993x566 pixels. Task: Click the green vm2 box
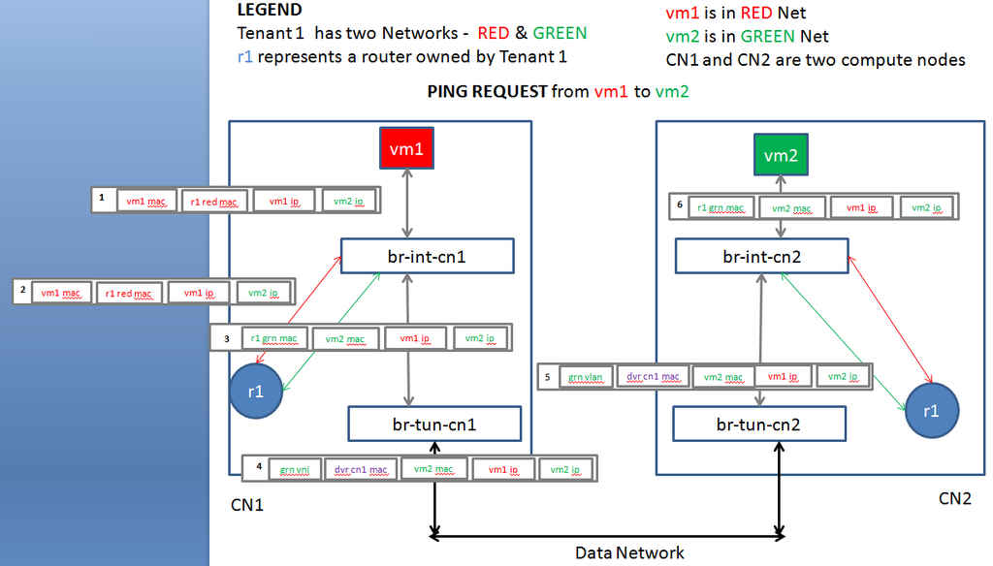(x=785, y=156)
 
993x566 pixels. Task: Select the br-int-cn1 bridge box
(x=427, y=257)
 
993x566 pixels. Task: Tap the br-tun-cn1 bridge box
(x=434, y=424)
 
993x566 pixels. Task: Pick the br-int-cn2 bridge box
(x=761, y=257)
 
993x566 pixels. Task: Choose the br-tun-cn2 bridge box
(x=759, y=424)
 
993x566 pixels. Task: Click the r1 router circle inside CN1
(x=256, y=393)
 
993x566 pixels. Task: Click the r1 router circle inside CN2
(x=931, y=410)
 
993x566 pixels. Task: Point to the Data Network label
(x=629, y=553)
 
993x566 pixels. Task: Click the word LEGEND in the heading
(x=269, y=11)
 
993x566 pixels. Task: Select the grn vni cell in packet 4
(x=294, y=470)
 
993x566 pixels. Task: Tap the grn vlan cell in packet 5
(x=588, y=377)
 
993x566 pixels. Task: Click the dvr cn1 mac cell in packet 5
(x=655, y=377)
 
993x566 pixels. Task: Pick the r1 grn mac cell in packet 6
(x=721, y=207)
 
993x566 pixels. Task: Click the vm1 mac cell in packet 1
(x=146, y=201)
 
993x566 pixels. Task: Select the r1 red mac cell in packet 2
(x=128, y=293)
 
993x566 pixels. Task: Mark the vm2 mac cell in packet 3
(x=345, y=338)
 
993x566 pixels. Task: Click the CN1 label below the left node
(x=247, y=506)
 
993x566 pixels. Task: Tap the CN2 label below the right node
(x=954, y=499)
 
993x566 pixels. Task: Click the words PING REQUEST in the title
(x=487, y=92)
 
